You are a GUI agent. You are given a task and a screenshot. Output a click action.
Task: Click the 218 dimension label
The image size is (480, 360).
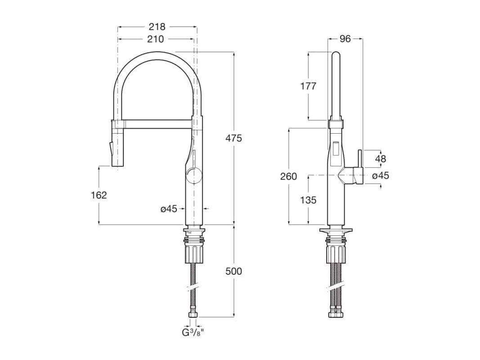[x=157, y=27]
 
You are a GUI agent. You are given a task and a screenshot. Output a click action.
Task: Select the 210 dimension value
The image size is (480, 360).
[x=156, y=39]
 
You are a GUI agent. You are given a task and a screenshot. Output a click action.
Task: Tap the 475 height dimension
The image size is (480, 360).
[x=233, y=138]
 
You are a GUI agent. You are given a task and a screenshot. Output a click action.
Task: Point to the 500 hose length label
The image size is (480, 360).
[x=233, y=271]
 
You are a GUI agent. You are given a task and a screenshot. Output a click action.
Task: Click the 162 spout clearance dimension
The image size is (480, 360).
[x=99, y=195]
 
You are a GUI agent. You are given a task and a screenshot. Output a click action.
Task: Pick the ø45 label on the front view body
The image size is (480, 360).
[x=169, y=209]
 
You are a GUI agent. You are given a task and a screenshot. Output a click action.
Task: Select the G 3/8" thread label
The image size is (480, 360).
[x=193, y=332]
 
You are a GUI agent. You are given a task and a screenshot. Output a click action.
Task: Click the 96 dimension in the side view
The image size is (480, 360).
[x=345, y=39]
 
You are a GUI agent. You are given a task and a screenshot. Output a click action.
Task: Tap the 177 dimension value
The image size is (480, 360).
[x=308, y=86]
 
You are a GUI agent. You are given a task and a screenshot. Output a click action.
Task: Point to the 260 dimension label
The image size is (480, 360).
[x=289, y=176]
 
